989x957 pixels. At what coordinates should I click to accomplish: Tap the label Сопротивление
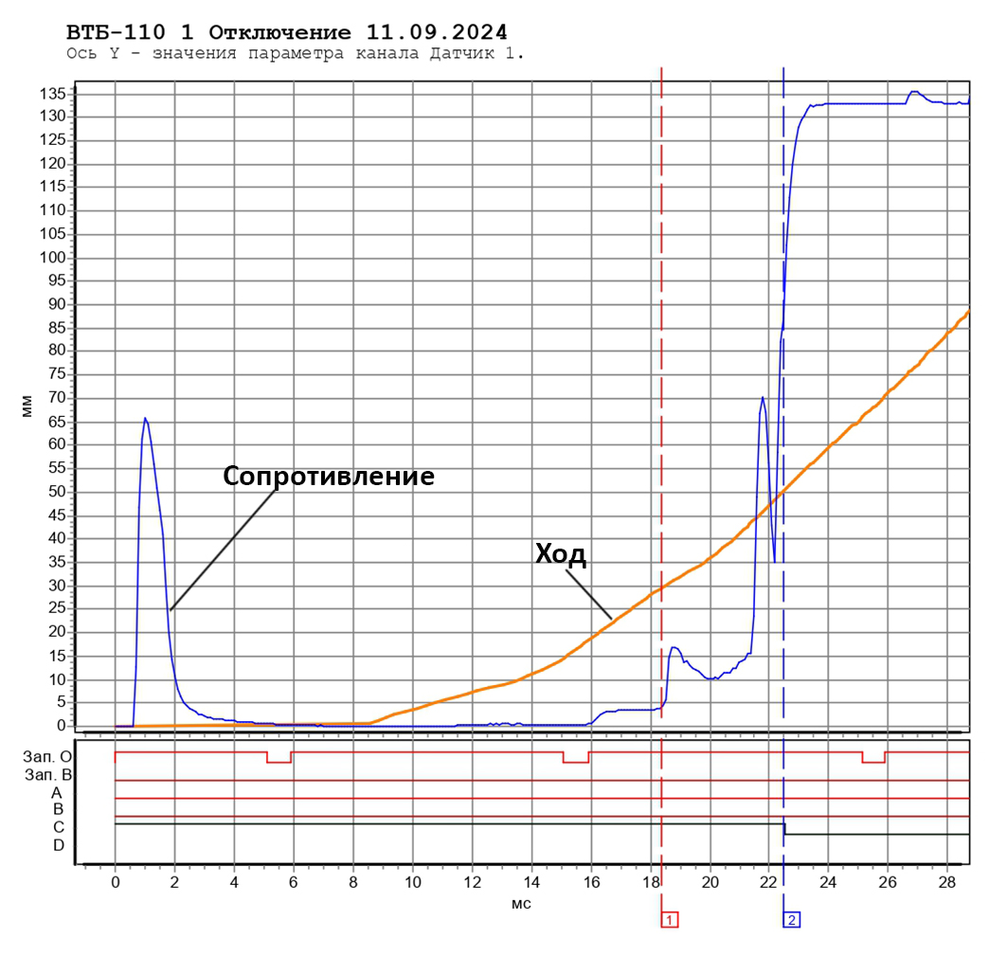pos(329,477)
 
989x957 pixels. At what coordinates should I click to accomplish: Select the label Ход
pos(561,554)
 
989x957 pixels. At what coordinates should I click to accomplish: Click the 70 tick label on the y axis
pos(56,398)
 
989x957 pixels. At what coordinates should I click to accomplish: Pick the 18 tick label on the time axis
pos(651,881)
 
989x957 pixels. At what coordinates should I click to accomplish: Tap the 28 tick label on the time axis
pos(947,881)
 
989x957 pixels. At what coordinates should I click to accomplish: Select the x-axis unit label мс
pos(522,903)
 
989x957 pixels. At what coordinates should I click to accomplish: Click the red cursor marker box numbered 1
pos(670,919)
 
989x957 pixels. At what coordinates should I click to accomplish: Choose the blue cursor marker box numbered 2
pos(791,919)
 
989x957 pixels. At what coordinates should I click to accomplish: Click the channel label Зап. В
pos(48,774)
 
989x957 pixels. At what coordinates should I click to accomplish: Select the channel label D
pos(59,844)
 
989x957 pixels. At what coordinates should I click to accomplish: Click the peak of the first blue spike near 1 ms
pos(145,418)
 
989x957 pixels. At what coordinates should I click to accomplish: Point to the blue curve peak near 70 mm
pos(763,398)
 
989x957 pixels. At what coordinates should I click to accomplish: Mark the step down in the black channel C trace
pos(784,829)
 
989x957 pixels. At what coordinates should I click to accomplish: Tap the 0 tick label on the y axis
pos(61,726)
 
